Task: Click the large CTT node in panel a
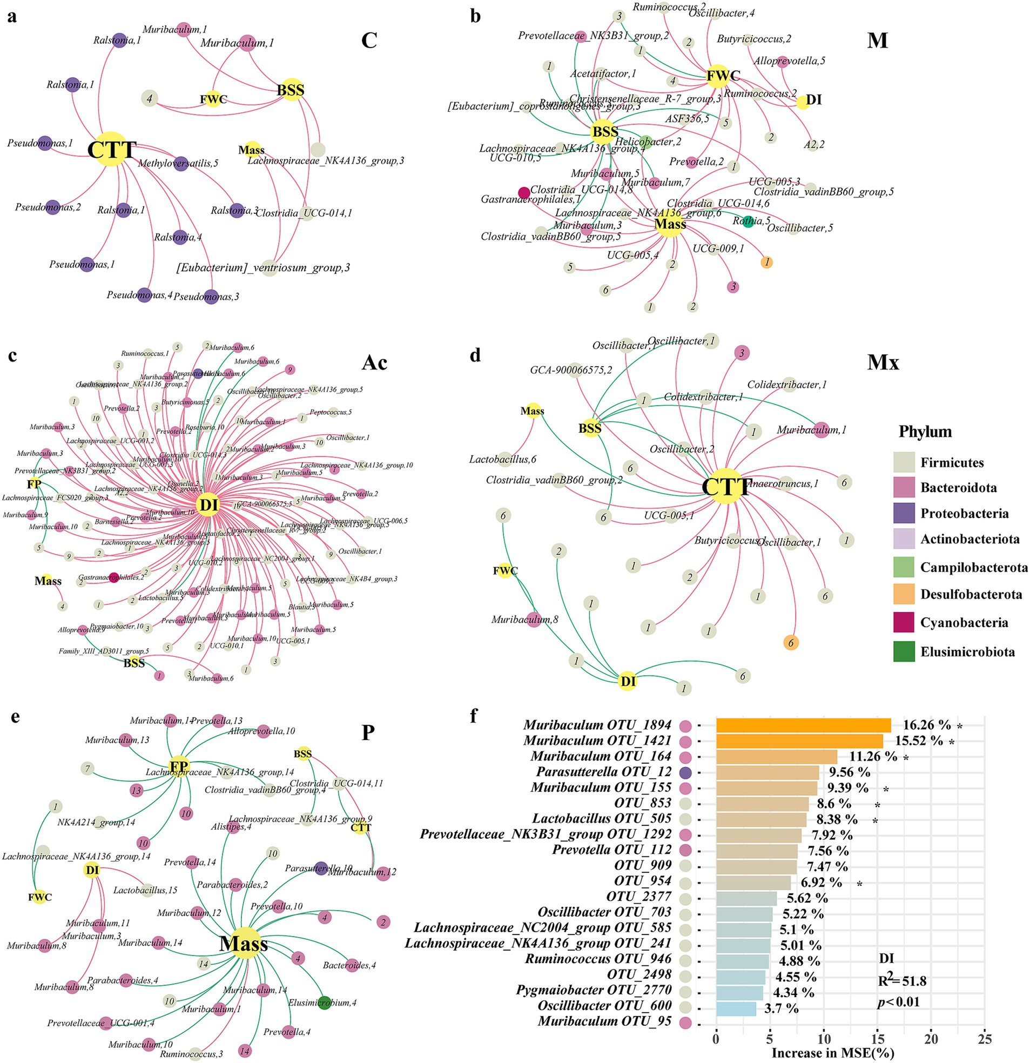click(111, 149)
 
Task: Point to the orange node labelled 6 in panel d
click(791, 643)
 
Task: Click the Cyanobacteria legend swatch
click(904, 623)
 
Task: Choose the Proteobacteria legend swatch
click(904, 514)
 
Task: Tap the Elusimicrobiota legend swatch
click(904, 651)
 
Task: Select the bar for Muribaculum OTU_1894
click(803, 725)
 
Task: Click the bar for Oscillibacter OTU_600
click(736, 1008)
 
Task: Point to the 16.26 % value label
click(926, 725)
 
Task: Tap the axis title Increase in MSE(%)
click(833, 1053)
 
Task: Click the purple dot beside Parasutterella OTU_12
click(685, 772)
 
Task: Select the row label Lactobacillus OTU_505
click(602, 819)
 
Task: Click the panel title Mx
click(883, 362)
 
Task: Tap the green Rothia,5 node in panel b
click(749, 221)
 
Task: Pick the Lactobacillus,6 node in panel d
click(504, 459)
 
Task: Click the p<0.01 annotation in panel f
click(898, 1002)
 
